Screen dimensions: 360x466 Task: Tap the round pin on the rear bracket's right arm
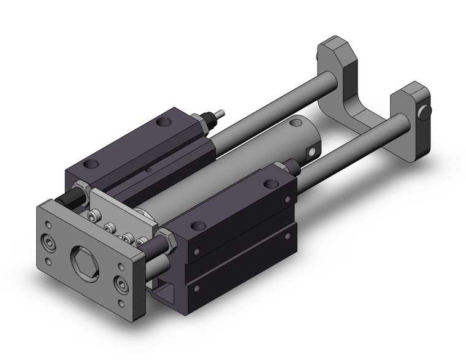424,113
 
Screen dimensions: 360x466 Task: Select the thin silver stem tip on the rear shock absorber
221,114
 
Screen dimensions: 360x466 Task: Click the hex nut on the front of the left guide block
80,188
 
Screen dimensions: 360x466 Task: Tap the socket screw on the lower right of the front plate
121,286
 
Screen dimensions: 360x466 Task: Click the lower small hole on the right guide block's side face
197,285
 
